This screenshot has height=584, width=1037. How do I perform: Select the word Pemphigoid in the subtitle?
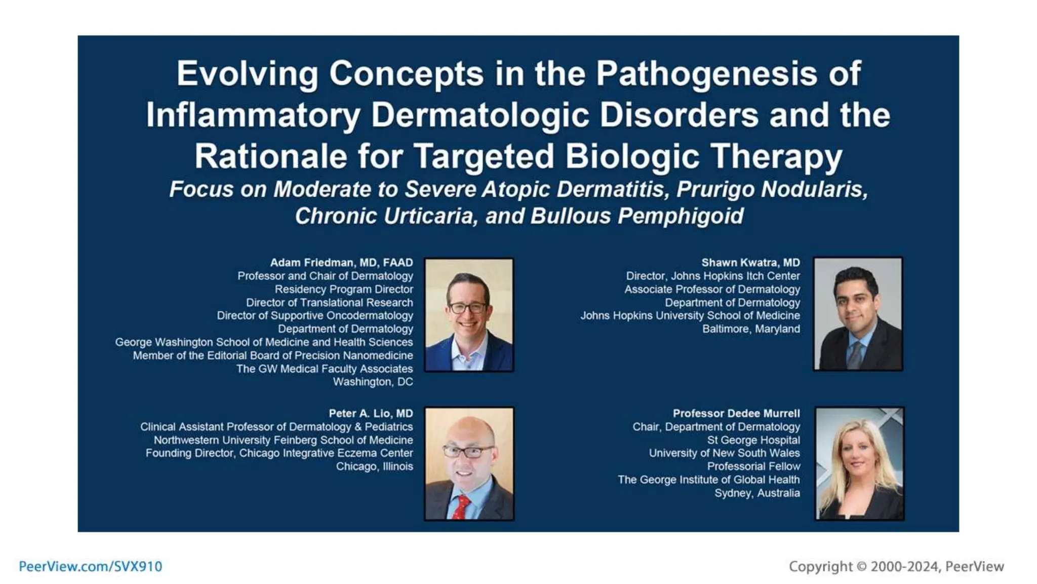point(680,216)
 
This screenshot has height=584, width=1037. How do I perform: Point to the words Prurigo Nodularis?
point(772,190)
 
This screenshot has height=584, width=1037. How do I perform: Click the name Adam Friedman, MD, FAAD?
point(341,263)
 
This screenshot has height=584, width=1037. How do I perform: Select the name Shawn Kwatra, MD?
point(750,263)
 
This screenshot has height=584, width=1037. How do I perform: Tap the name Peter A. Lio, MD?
point(371,414)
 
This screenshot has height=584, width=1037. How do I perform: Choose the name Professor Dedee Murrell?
point(736,414)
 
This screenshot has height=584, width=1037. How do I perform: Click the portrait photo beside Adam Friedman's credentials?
point(469,315)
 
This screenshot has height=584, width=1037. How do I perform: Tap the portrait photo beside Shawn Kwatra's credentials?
point(858,314)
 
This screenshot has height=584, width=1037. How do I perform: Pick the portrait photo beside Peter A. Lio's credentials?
point(469,464)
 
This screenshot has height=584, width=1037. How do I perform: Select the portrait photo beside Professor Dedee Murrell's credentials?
point(859,464)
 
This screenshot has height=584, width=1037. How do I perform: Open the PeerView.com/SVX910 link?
point(91,566)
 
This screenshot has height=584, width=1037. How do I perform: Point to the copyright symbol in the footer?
point(861,566)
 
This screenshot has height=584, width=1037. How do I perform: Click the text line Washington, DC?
point(373,382)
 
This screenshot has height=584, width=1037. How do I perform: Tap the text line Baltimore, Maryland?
point(751,329)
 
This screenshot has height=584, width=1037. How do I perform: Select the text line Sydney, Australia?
point(757,493)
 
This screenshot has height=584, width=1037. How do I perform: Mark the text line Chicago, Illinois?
point(374,466)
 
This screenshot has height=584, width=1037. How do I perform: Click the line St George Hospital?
point(753,440)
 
